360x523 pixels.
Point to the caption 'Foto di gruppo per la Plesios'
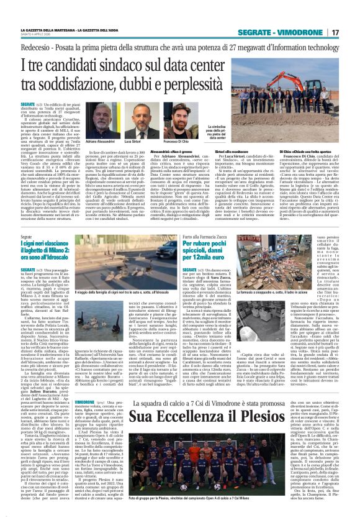[x=186, y=514]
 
